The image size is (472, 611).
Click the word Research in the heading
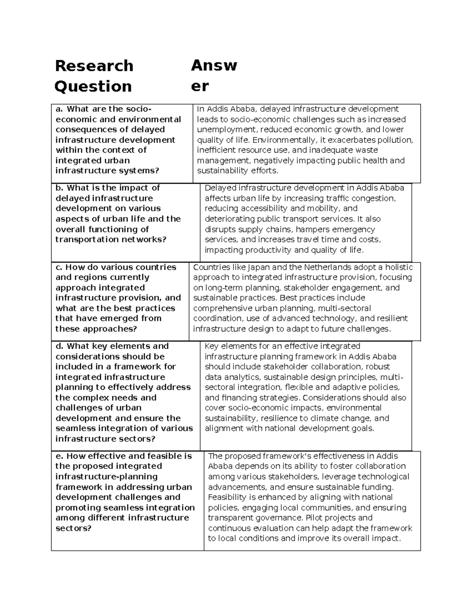point(94,66)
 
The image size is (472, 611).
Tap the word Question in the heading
point(93,87)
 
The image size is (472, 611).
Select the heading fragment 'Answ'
point(214,66)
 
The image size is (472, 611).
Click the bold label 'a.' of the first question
point(59,109)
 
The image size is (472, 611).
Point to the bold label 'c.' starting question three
point(59,267)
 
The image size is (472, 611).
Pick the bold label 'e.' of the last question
point(59,456)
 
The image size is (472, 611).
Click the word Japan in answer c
point(258,267)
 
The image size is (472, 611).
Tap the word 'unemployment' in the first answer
point(223,130)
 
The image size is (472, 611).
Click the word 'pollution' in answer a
point(395,140)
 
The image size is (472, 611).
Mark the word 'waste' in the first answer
point(366,150)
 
